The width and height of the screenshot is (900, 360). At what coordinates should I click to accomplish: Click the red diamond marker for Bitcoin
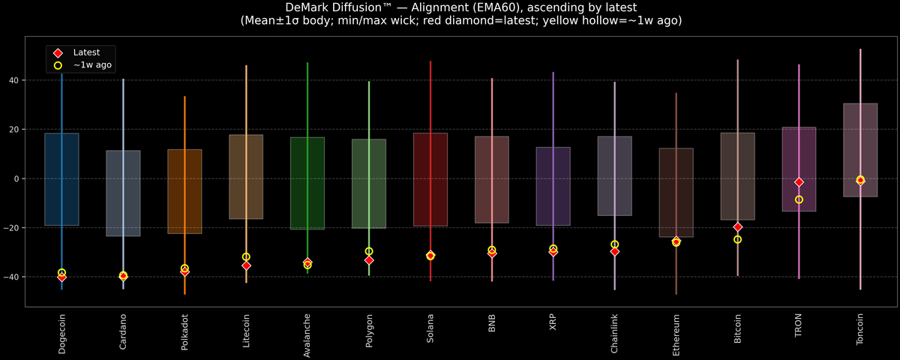click(x=738, y=226)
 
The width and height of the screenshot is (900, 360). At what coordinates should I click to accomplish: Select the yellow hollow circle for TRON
click(x=799, y=199)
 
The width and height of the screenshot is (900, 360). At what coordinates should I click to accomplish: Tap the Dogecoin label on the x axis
click(x=61, y=334)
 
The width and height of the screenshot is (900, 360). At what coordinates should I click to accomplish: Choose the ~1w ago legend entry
click(x=92, y=65)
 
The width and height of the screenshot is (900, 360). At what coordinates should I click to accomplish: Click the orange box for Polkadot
click(x=184, y=191)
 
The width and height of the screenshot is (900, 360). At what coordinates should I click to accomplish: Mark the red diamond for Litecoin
click(x=246, y=265)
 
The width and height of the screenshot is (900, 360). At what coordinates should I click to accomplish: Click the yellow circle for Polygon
click(x=369, y=251)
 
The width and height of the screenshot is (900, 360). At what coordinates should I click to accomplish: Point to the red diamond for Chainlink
click(x=615, y=251)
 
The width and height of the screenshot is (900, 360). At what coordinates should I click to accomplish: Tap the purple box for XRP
click(x=553, y=186)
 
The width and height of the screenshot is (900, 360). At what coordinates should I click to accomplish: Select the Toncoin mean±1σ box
click(x=860, y=150)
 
